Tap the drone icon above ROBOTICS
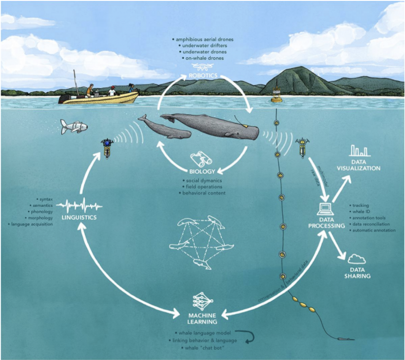203,67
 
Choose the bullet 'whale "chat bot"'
201,349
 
